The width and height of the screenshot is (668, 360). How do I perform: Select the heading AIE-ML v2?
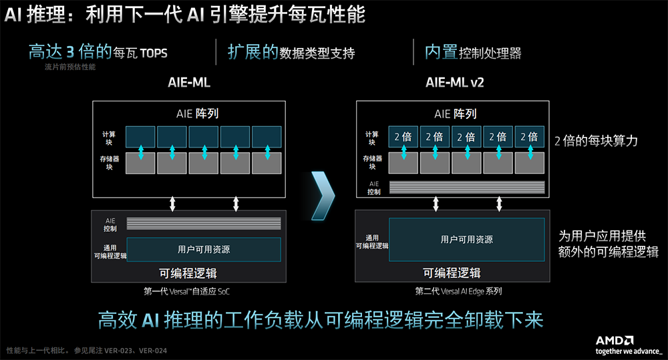coord(454,83)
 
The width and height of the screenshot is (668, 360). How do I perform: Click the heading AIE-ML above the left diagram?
coord(189,83)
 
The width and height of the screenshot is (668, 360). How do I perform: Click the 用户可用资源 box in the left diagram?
coord(204,249)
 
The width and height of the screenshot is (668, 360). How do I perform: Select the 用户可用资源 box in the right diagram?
coord(467,239)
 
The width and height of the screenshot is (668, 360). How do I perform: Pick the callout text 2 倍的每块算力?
coord(597,141)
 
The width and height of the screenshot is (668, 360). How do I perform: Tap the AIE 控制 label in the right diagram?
coord(373,188)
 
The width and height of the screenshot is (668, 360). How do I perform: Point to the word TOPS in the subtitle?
coord(154,53)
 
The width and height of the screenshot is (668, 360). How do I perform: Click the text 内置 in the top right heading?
coord(441,52)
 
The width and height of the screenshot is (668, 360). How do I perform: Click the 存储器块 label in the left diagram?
coord(108,162)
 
